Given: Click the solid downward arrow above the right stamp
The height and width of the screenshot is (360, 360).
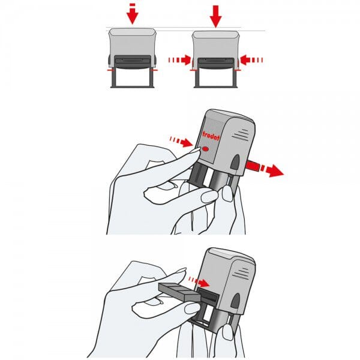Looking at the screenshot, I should (215, 14).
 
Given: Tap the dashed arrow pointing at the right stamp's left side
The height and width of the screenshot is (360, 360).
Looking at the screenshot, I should (179, 59).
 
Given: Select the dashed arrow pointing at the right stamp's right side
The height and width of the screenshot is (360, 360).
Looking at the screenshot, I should (252, 59).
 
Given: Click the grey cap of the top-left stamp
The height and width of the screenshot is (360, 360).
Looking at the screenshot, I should (132, 42).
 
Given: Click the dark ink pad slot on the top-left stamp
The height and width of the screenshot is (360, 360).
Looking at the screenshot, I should (132, 61).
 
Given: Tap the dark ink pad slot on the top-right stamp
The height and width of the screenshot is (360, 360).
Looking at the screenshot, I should (216, 61).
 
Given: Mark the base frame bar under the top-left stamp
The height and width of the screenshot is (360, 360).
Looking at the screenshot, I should (132, 86).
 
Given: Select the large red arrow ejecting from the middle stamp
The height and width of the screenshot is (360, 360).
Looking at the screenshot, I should (267, 169).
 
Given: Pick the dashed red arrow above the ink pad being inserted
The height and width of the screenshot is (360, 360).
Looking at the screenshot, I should (198, 280).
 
